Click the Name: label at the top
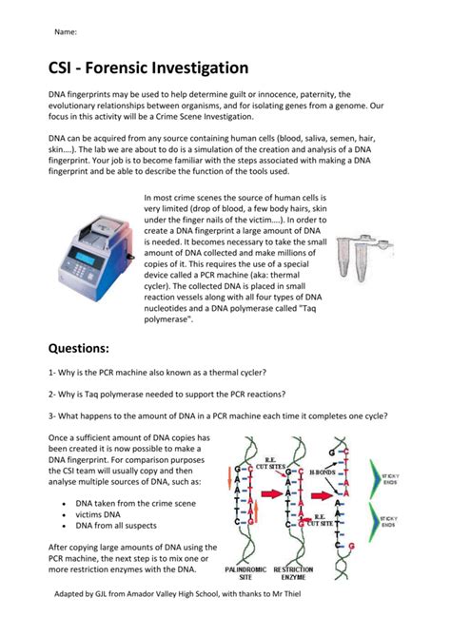66,31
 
